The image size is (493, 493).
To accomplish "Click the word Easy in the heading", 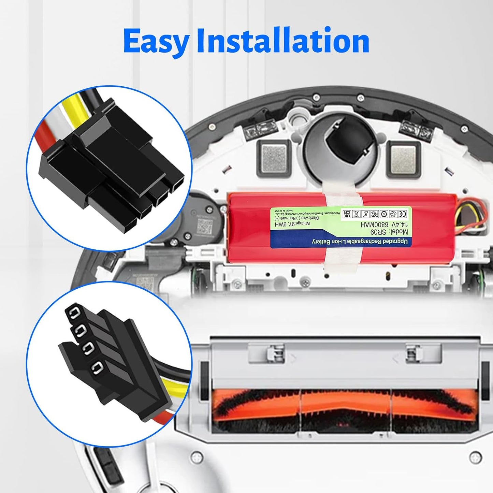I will (156, 42).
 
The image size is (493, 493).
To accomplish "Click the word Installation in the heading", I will (283, 41).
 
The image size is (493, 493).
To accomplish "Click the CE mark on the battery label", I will (403, 214).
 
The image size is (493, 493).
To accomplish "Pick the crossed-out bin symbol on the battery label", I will (356, 214).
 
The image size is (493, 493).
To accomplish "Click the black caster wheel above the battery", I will (345, 144).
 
